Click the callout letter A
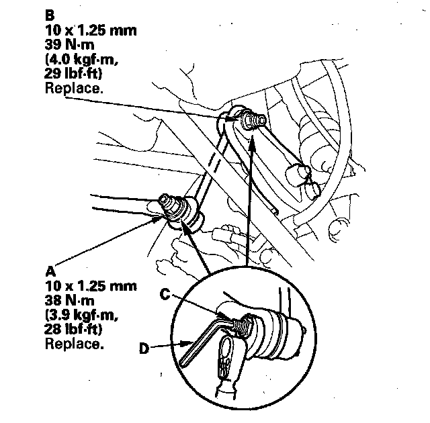[50, 271]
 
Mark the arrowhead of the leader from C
[226, 315]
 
